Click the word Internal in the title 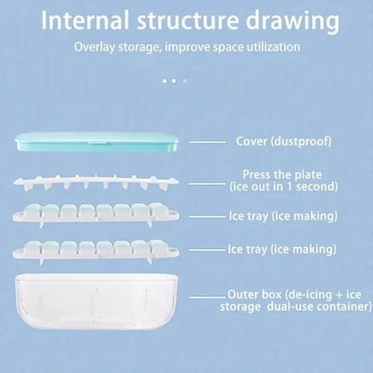click(x=85, y=21)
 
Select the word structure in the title click(x=188, y=21)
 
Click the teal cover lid click(x=98, y=142)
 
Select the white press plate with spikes click(x=96, y=182)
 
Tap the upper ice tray click(x=96, y=214)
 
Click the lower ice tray click(x=96, y=251)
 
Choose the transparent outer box click(x=97, y=302)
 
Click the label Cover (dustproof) click(x=283, y=141)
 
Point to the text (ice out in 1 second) click(x=283, y=186)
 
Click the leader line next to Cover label click(x=207, y=143)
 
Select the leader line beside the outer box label click(x=207, y=297)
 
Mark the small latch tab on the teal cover click(x=96, y=142)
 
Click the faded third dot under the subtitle click(x=185, y=81)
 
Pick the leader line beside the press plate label click(x=207, y=184)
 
